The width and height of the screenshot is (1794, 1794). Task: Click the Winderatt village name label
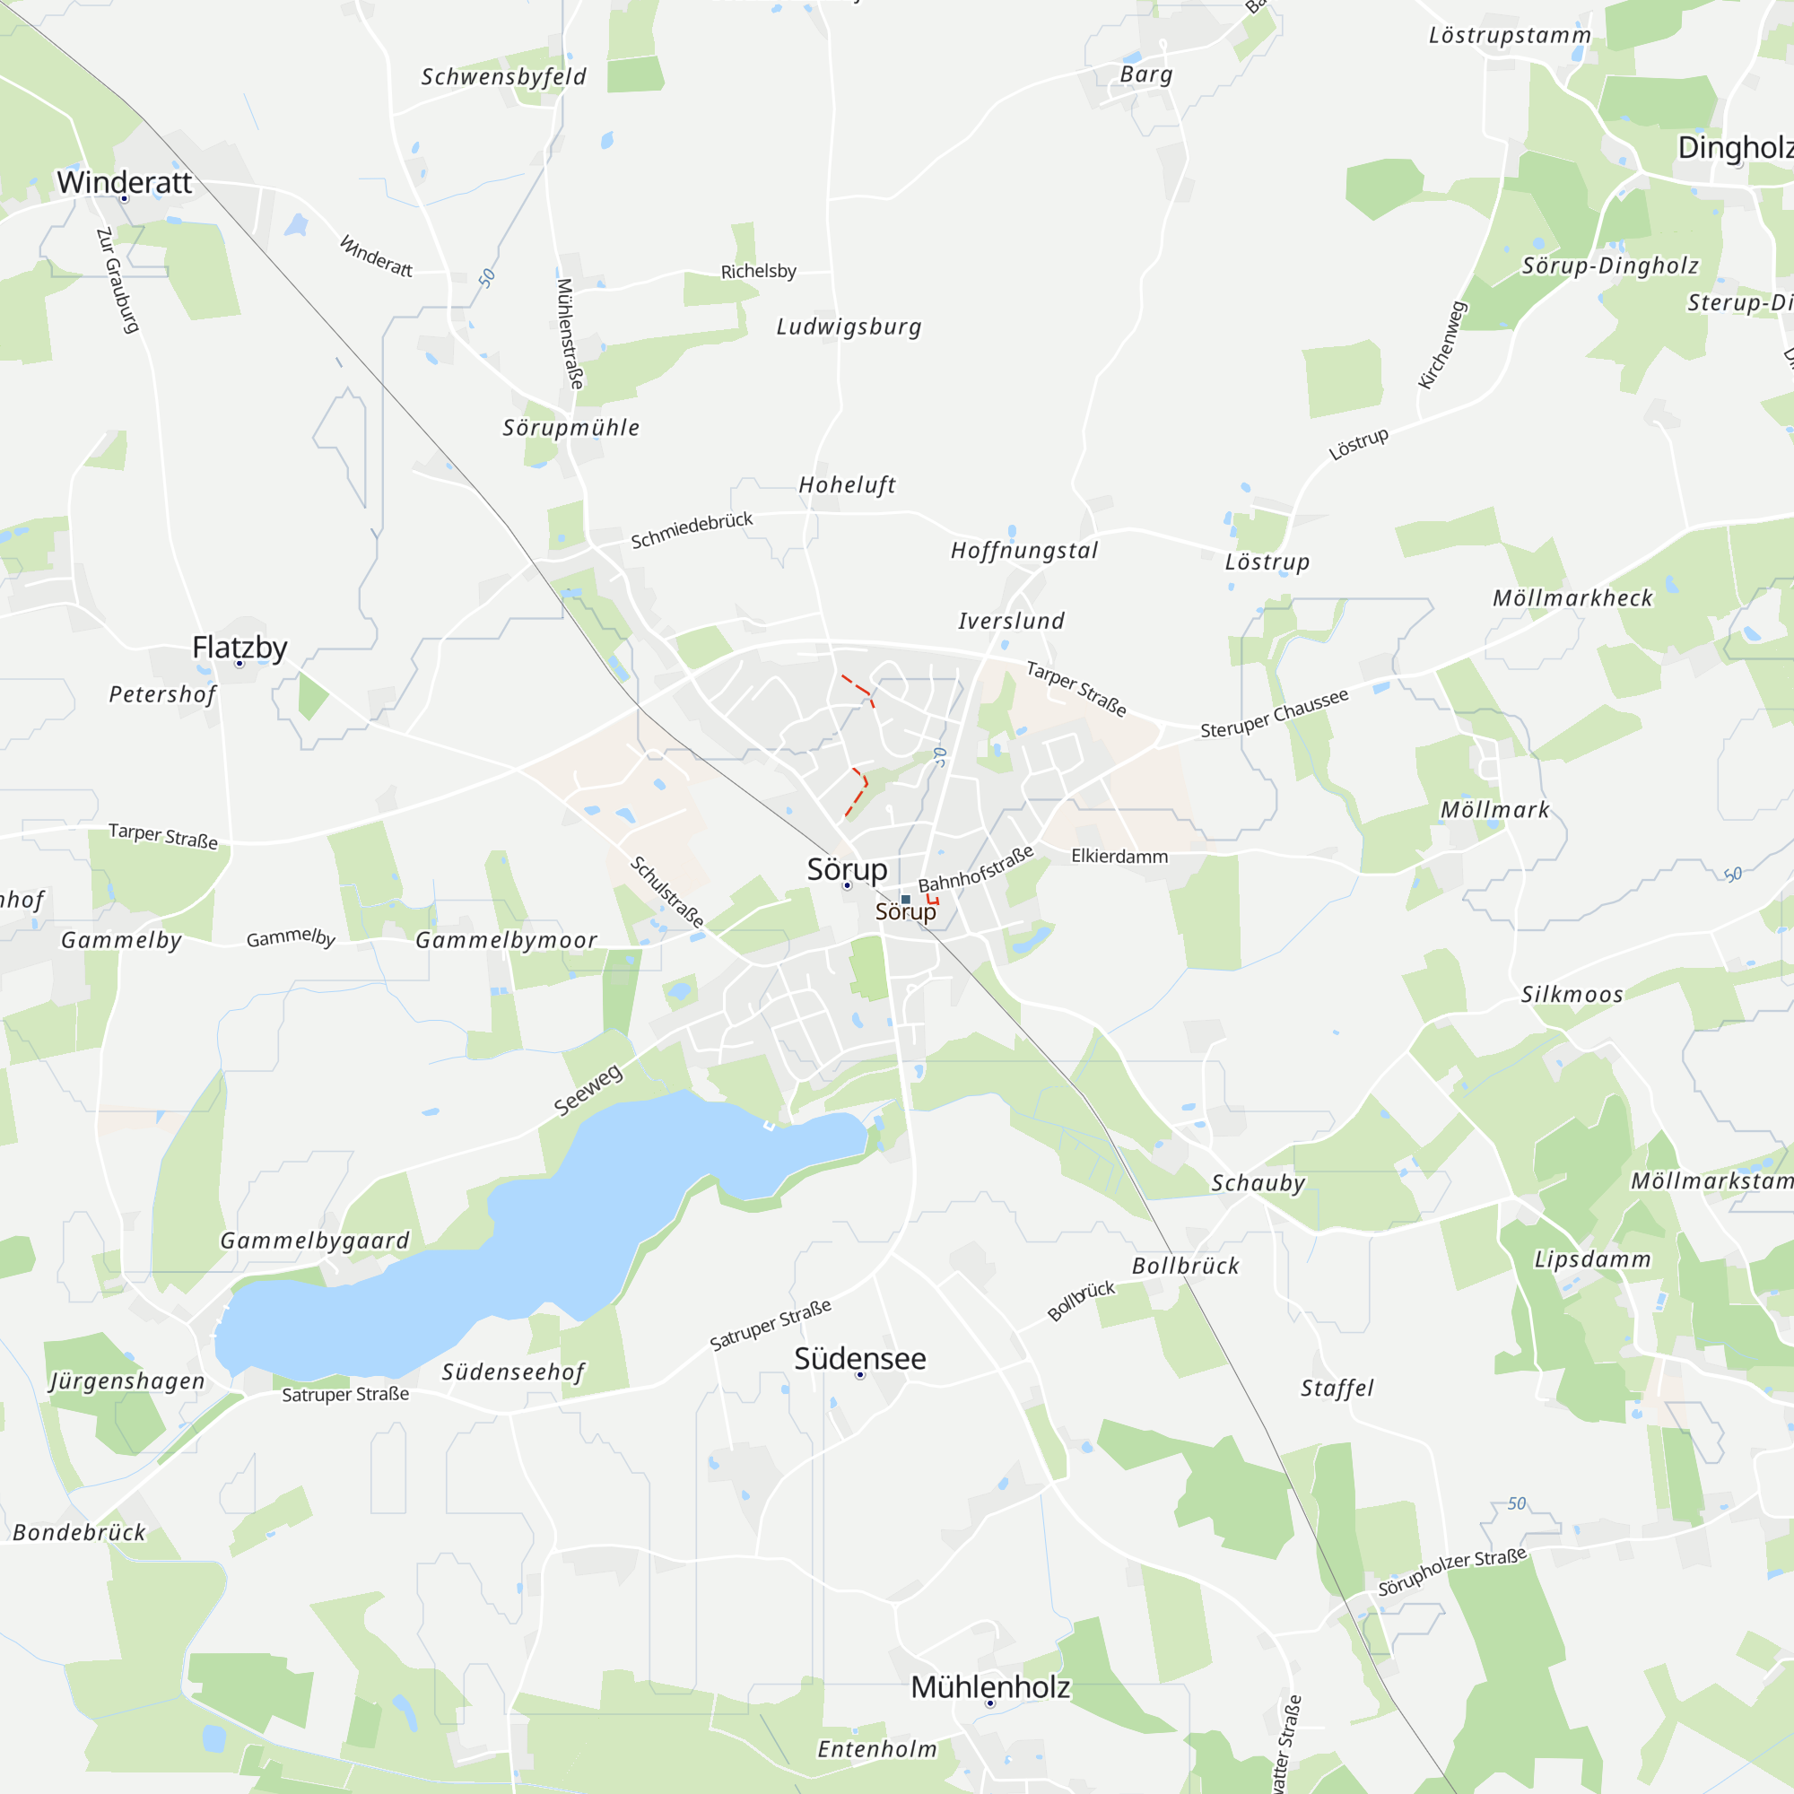(125, 182)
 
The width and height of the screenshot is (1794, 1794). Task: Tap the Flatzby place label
(239, 648)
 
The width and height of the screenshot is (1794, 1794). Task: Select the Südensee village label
(860, 1358)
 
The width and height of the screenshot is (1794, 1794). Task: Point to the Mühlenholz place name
(990, 1686)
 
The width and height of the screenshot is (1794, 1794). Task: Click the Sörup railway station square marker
(905, 900)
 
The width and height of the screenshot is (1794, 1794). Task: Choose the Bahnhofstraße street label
(976, 869)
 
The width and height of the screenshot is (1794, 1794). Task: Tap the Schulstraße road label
(666, 893)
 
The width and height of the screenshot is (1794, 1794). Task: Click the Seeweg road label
(588, 1090)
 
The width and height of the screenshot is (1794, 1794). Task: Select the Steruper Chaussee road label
(1274, 713)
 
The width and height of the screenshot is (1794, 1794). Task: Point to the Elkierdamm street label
(1119, 856)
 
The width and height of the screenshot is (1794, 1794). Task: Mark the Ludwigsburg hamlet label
(849, 327)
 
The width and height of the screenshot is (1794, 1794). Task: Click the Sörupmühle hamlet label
(571, 428)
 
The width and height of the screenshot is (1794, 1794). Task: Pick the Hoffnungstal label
(1024, 551)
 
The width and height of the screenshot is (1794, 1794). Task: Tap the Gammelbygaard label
(315, 1241)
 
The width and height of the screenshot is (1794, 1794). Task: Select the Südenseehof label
(513, 1372)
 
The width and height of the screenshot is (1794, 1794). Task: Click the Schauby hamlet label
(1258, 1183)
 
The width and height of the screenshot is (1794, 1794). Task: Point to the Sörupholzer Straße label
(1452, 1572)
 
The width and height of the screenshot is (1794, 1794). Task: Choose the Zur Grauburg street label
(118, 280)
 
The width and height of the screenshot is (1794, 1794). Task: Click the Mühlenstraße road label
(570, 334)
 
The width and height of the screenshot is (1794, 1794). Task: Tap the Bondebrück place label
(80, 1532)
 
